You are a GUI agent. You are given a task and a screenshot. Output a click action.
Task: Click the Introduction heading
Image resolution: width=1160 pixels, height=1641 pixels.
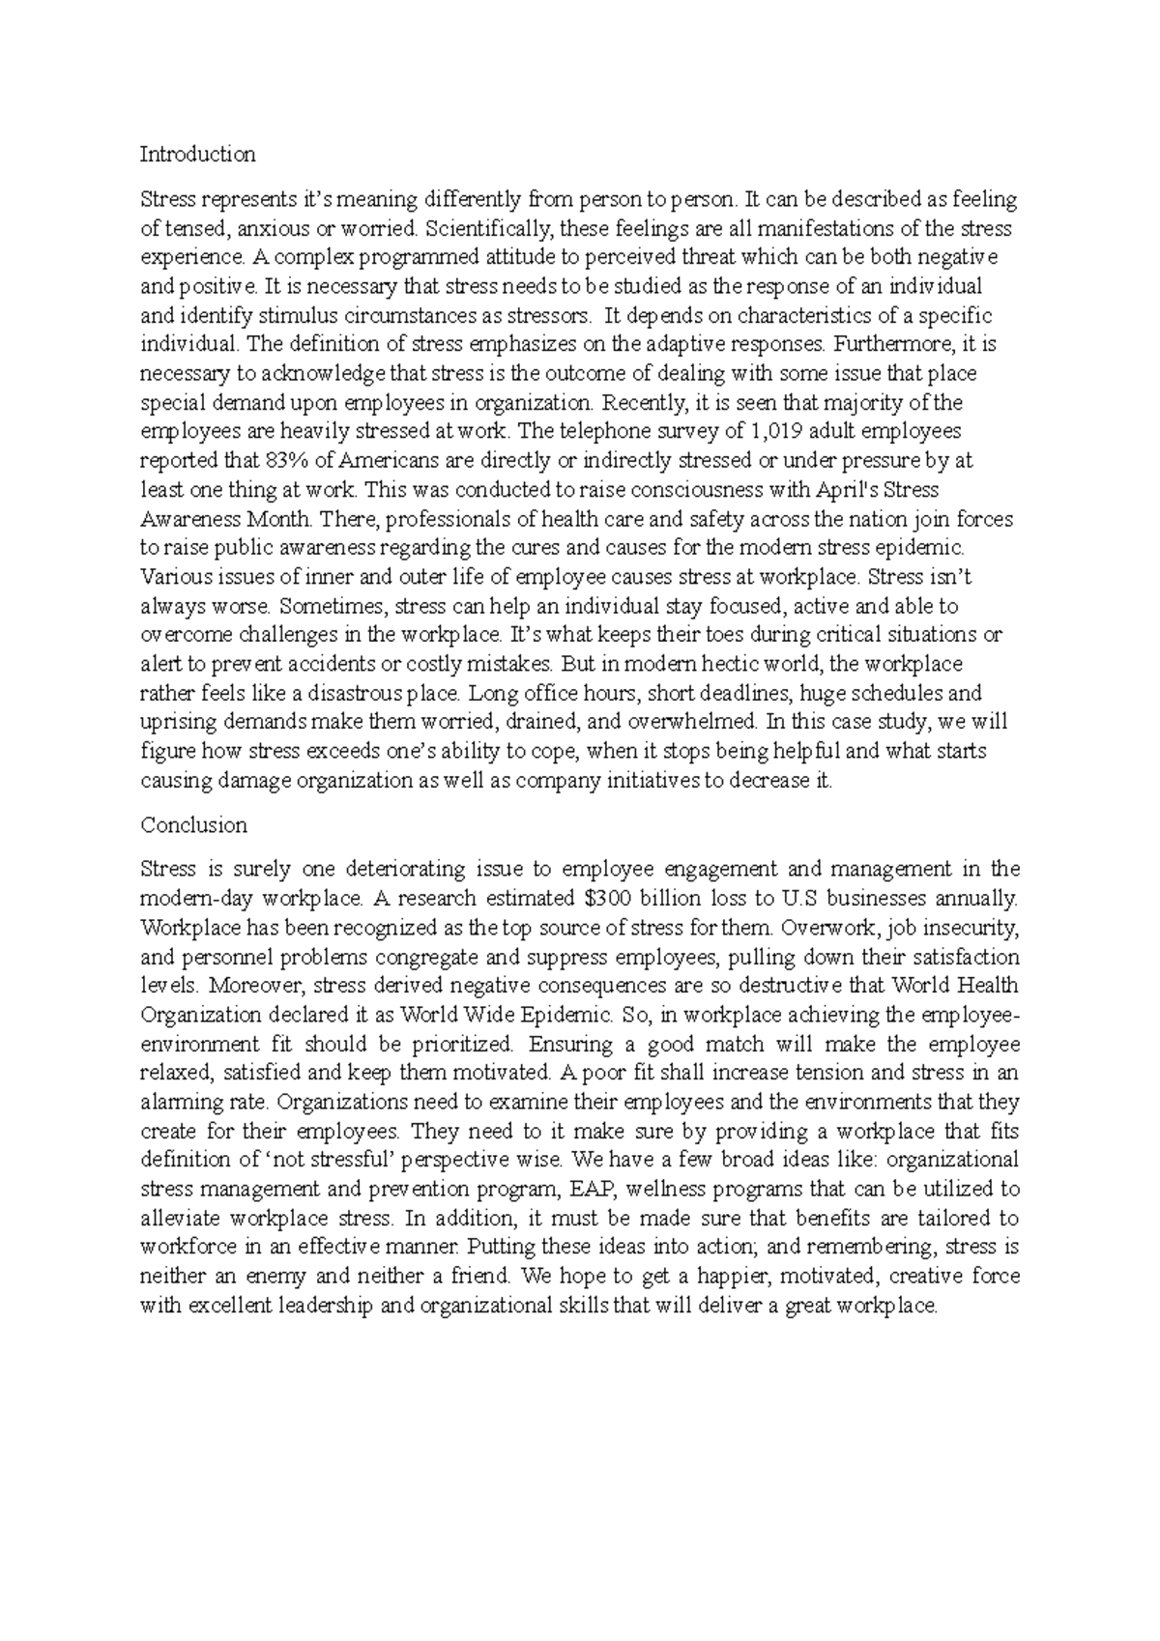coord(197,155)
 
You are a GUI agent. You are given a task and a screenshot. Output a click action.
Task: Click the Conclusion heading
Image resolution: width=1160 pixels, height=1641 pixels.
coord(193,825)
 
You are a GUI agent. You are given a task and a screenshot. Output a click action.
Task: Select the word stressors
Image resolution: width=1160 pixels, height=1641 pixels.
coord(548,316)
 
